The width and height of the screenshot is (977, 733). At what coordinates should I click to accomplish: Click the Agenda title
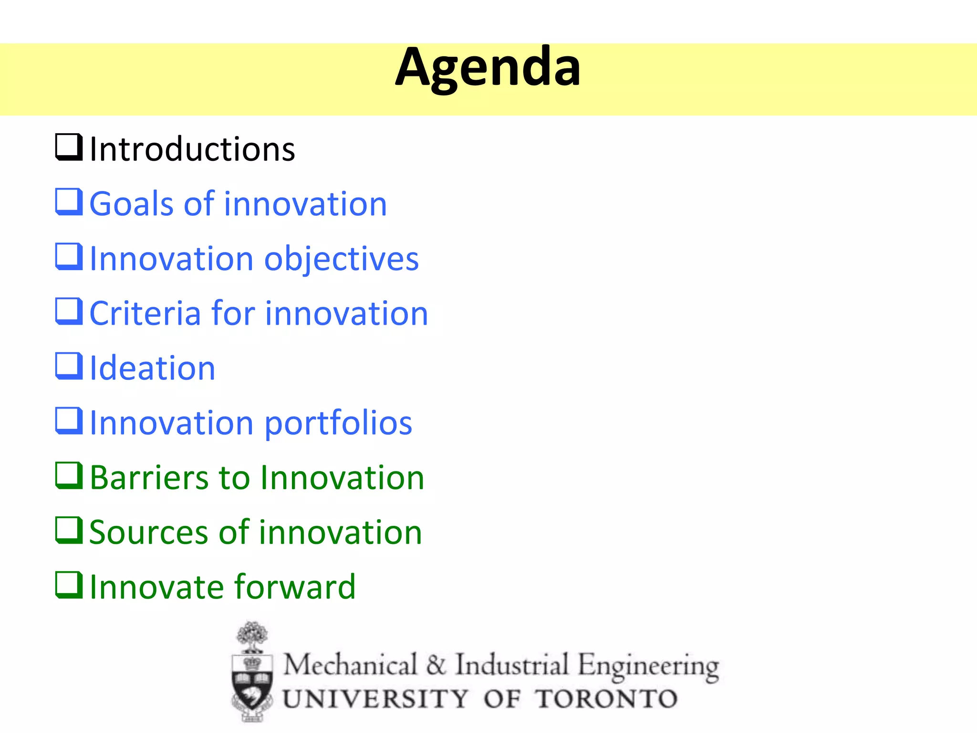[488, 68]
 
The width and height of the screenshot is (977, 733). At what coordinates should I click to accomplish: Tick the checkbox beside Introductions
[69, 147]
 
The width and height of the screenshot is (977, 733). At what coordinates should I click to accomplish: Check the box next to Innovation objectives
[69, 257]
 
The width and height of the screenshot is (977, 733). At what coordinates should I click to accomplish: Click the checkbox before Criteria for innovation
[69, 311]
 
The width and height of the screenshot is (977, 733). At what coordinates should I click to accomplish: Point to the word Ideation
[153, 368]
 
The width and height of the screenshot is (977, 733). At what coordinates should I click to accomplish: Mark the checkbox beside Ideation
[69, 366]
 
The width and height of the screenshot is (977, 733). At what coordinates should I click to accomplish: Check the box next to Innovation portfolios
[69, 421]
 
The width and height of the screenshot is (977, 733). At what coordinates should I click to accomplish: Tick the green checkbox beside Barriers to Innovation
[69, 475]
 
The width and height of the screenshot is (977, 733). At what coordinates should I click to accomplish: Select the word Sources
[148, 533]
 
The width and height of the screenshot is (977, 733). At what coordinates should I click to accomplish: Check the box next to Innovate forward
[69, 585]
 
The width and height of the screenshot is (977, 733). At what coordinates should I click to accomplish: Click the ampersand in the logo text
[436, 665]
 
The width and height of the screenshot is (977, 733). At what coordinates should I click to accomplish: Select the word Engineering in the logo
[648, 666]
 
